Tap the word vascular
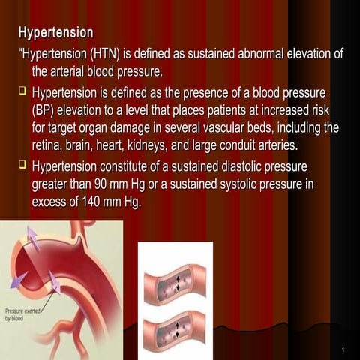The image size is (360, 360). pos(225,127)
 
